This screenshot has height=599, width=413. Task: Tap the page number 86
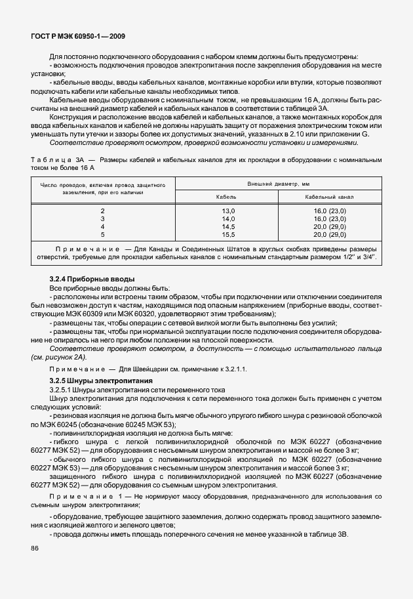coord(35,547)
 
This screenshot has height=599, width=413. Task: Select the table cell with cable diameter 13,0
coord(227,210)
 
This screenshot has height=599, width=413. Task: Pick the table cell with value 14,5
coord(227,226)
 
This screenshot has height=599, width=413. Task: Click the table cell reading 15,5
coord(227,234)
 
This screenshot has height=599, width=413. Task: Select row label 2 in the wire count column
coord(103,210)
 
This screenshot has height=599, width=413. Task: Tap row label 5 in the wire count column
coord(103,234)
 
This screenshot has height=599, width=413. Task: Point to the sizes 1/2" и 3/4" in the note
coord(361,258)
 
